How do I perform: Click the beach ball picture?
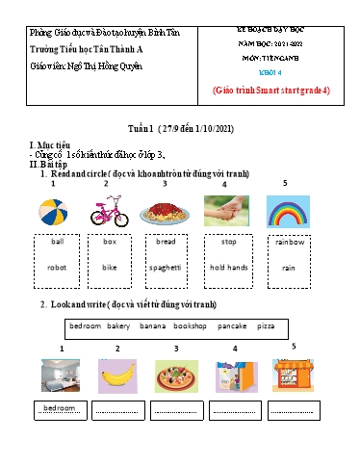tap(53, 211)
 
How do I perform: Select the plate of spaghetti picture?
tap(166, 211)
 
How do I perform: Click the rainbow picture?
tap(286, 211)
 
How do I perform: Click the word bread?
tap(166, 242)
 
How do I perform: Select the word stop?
tap(229, 242)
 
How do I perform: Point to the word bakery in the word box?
tap(126, 326)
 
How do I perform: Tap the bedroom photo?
tap(61, 375)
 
